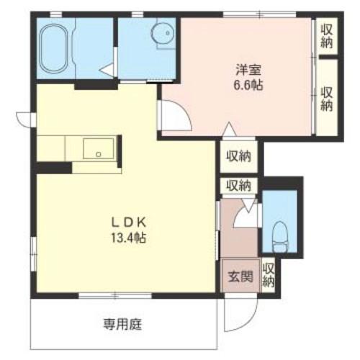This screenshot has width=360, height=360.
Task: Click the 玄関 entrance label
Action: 240,276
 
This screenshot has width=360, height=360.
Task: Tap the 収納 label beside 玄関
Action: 268,274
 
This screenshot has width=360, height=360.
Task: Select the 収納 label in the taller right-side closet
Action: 326,98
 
